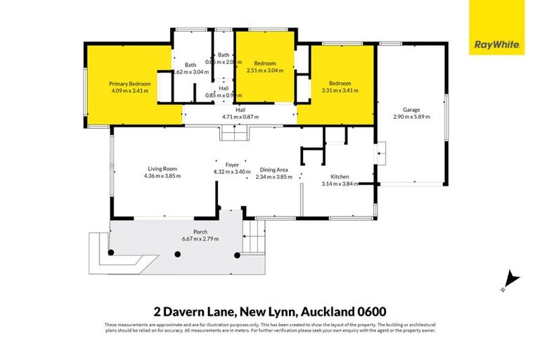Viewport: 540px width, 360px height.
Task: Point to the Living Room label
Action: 162,169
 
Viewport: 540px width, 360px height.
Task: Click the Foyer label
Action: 232,165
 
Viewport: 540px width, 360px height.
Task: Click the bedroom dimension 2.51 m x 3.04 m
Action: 265,70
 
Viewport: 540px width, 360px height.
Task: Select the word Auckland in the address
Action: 328,311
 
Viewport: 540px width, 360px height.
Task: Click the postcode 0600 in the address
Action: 371,311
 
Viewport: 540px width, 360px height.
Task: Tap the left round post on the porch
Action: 110,253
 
